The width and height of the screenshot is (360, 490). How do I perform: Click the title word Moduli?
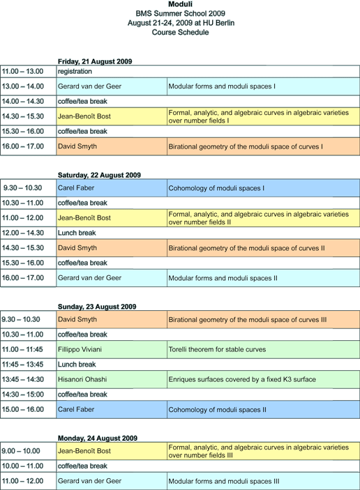[180, 4]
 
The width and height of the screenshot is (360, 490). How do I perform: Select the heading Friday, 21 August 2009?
[95, 61]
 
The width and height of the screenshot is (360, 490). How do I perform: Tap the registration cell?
[75, 71]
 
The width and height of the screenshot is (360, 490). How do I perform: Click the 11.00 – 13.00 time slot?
[22, 71]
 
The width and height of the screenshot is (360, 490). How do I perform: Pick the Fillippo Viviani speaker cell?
[80, 349]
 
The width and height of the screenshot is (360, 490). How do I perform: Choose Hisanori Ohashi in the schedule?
[82, 379]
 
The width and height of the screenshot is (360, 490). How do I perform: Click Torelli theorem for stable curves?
[217, 349]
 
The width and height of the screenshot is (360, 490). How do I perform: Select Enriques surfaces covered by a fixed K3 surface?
[242, 379]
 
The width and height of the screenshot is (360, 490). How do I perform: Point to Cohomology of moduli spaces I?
[216, 188]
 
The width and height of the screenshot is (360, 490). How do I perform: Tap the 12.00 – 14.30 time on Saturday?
[22, 233]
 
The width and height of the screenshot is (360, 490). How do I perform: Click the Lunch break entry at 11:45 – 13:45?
[77, 365]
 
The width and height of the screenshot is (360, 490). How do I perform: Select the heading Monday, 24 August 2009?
[98, 438]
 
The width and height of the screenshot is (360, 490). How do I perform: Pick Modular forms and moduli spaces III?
[224, 481]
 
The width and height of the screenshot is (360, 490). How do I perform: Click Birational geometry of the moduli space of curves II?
[246, 248]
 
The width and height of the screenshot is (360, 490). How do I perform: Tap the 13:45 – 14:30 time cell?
[22, 379]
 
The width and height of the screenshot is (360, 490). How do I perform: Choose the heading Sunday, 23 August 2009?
[97, 307]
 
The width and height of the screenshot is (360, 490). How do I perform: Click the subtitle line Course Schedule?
[180, 32]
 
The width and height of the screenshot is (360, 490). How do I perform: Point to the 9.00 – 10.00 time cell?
[21, 451]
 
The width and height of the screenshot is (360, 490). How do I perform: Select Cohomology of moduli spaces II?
[218, 410]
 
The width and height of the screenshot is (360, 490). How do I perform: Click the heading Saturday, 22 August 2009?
[99, 175]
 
